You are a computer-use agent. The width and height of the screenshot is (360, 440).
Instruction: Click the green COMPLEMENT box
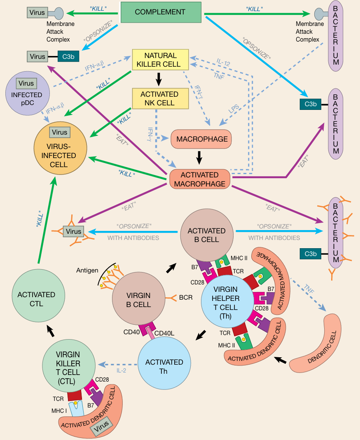coord(161,12)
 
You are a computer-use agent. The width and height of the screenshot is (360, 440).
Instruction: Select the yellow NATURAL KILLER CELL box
coord(160,60)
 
